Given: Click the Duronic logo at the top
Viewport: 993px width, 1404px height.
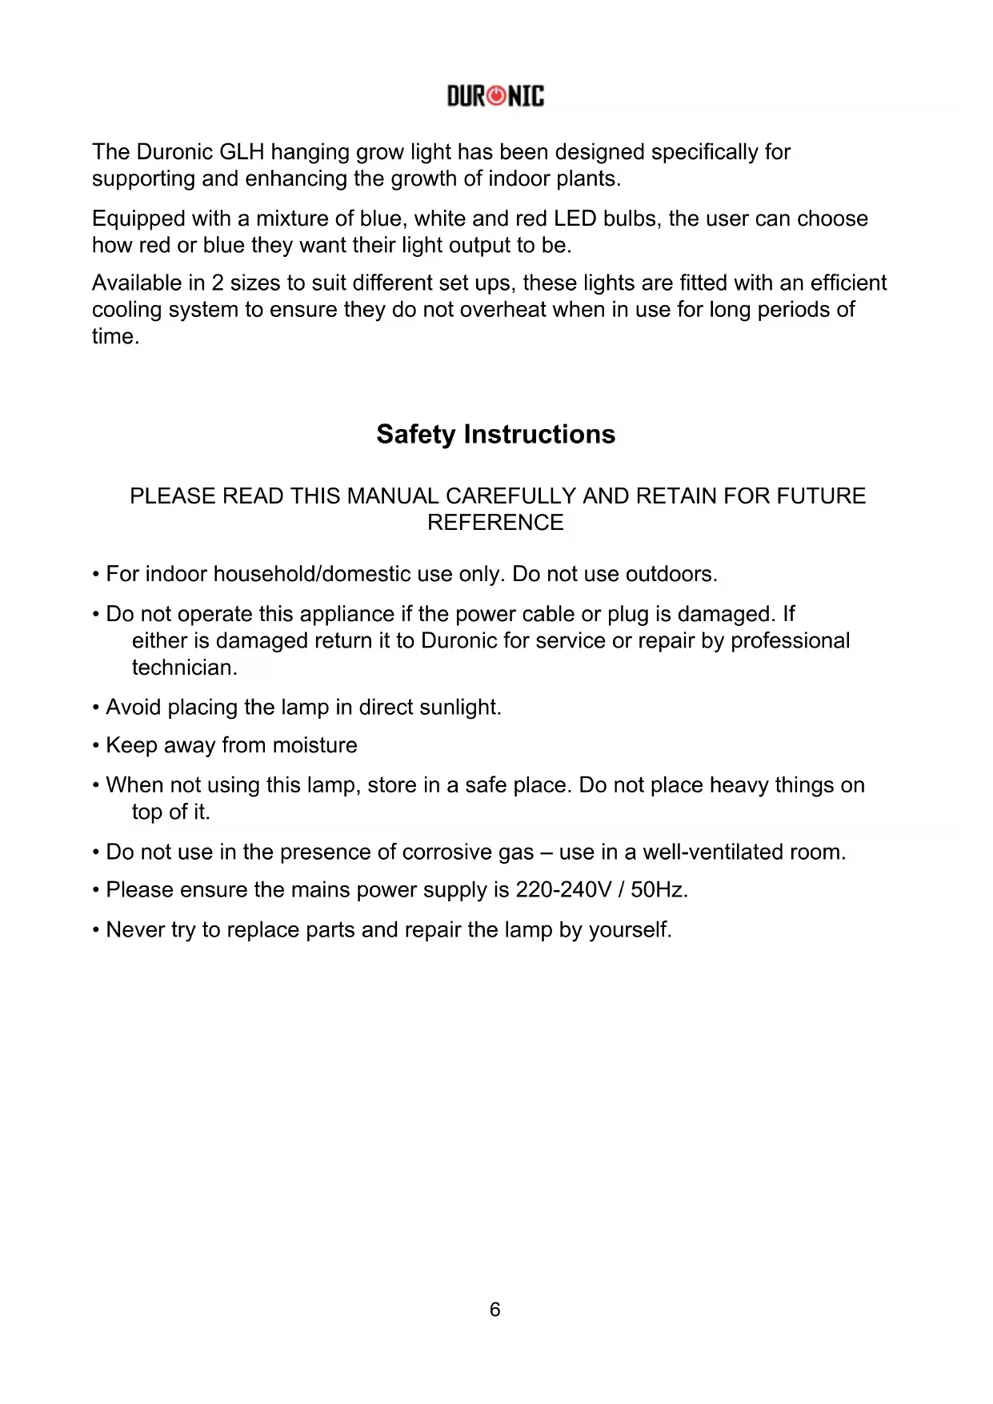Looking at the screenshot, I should (x=495, y=97).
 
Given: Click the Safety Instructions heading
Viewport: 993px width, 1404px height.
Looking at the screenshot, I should (x=495, y=435).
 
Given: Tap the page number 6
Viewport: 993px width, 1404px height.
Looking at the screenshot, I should (x=495, y=1310).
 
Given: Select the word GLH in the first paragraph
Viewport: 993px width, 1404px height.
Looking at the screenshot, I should (x=242, y=152).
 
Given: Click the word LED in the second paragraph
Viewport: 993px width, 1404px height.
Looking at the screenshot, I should (x=575, y=219).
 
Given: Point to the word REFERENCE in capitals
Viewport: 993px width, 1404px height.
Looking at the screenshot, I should (x=495, y=523).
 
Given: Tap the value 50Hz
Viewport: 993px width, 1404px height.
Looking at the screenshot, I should (x=659, y=890).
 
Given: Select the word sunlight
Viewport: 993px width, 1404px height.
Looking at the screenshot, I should (x=462, y=708).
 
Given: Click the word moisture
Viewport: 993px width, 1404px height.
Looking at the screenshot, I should (x=314, y=745).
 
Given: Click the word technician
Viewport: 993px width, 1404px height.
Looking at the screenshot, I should (x=184, y=668).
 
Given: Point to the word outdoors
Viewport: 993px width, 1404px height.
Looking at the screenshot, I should (x=671, y=575).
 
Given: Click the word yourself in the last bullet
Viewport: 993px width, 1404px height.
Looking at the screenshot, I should (x=630, y=930).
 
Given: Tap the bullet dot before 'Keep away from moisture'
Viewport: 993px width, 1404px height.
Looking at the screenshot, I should (x=96, y=746).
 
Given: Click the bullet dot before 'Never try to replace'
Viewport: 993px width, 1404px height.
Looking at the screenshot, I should (x=96, y=931).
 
